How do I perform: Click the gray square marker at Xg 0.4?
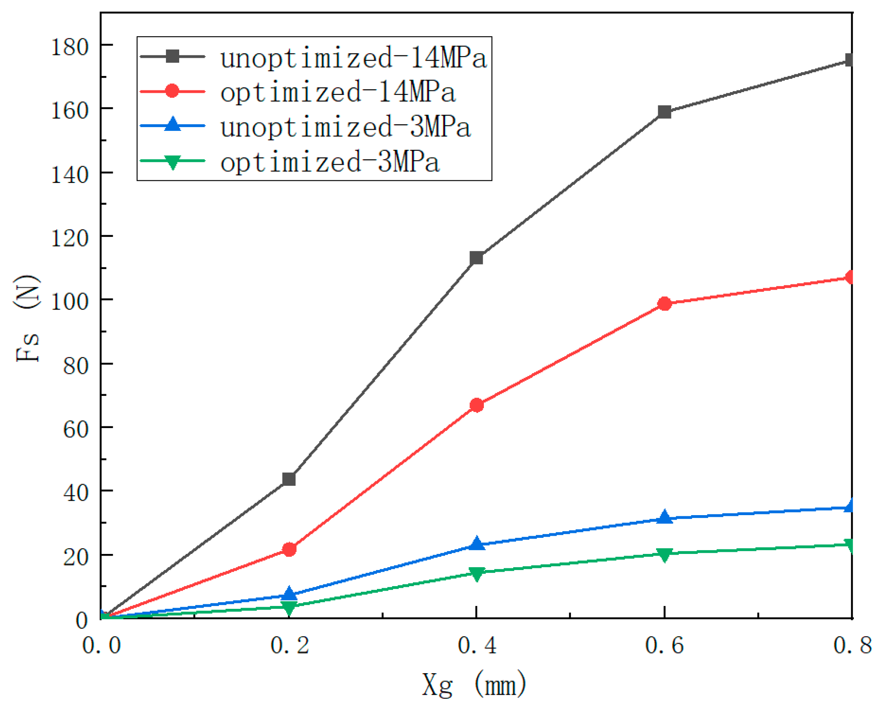pyautogui.click(x=476, y=258)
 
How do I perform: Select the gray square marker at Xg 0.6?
pyautogui.click(x=664, y=112)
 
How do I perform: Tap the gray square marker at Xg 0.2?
pyautogui.click(x=289, y=479)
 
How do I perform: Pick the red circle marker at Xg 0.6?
pyautogui.click(x=664, y=304)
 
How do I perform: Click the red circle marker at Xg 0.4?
pyautogui.click(x=476, y=405)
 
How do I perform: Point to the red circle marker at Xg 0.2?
pyautogui.click(x=289, y=549)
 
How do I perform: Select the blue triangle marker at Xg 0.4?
pyautogui.click(x=476, y=544)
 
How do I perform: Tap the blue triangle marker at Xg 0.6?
pyautogui.click(x=664, y=517)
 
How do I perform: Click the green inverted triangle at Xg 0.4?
pyautogui.click(x=476, y=573)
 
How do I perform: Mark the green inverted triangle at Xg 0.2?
pyautogui.click(x=289, y=607)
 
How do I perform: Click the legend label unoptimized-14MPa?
pyautogui.click(x=353, y=58)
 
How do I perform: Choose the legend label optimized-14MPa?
pyautogui.click(x=337, y=92)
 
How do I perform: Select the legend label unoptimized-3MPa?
pyautogui.click(x=345, y=127)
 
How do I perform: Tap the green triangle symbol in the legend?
pyautogui.click(x=172, y=162)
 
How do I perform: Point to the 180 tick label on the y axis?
pyautogui.click(x=69, y=47)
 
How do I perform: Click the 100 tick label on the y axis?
pyautogui.click(x=69, y=301)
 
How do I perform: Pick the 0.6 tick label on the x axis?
pyautogui.click(x=664, y=646)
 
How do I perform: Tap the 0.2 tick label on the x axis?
pyautogui.click(x=289, y=646)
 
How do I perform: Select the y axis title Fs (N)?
pyautogui.click(x=27, y=318)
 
